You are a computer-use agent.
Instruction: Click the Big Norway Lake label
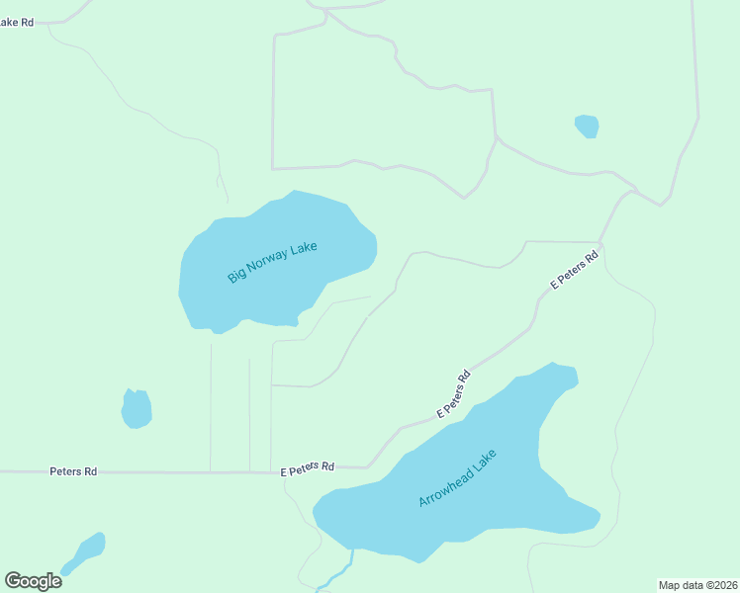272,261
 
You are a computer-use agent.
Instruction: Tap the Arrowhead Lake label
456,478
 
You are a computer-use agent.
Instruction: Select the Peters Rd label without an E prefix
73,472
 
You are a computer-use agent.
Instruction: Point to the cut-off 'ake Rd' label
17,21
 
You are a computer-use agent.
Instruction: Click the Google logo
33,580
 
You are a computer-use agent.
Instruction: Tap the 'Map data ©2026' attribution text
697,585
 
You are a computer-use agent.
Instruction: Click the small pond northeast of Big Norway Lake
587,127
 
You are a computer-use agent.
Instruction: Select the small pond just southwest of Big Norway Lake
137,408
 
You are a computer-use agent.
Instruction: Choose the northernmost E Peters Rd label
575,270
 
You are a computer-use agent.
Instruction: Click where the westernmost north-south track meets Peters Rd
210,472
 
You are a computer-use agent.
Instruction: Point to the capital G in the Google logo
13,580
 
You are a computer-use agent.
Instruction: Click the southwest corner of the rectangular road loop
272,169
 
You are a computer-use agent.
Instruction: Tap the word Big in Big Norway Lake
237,276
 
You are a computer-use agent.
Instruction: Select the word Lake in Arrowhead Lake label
485,460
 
